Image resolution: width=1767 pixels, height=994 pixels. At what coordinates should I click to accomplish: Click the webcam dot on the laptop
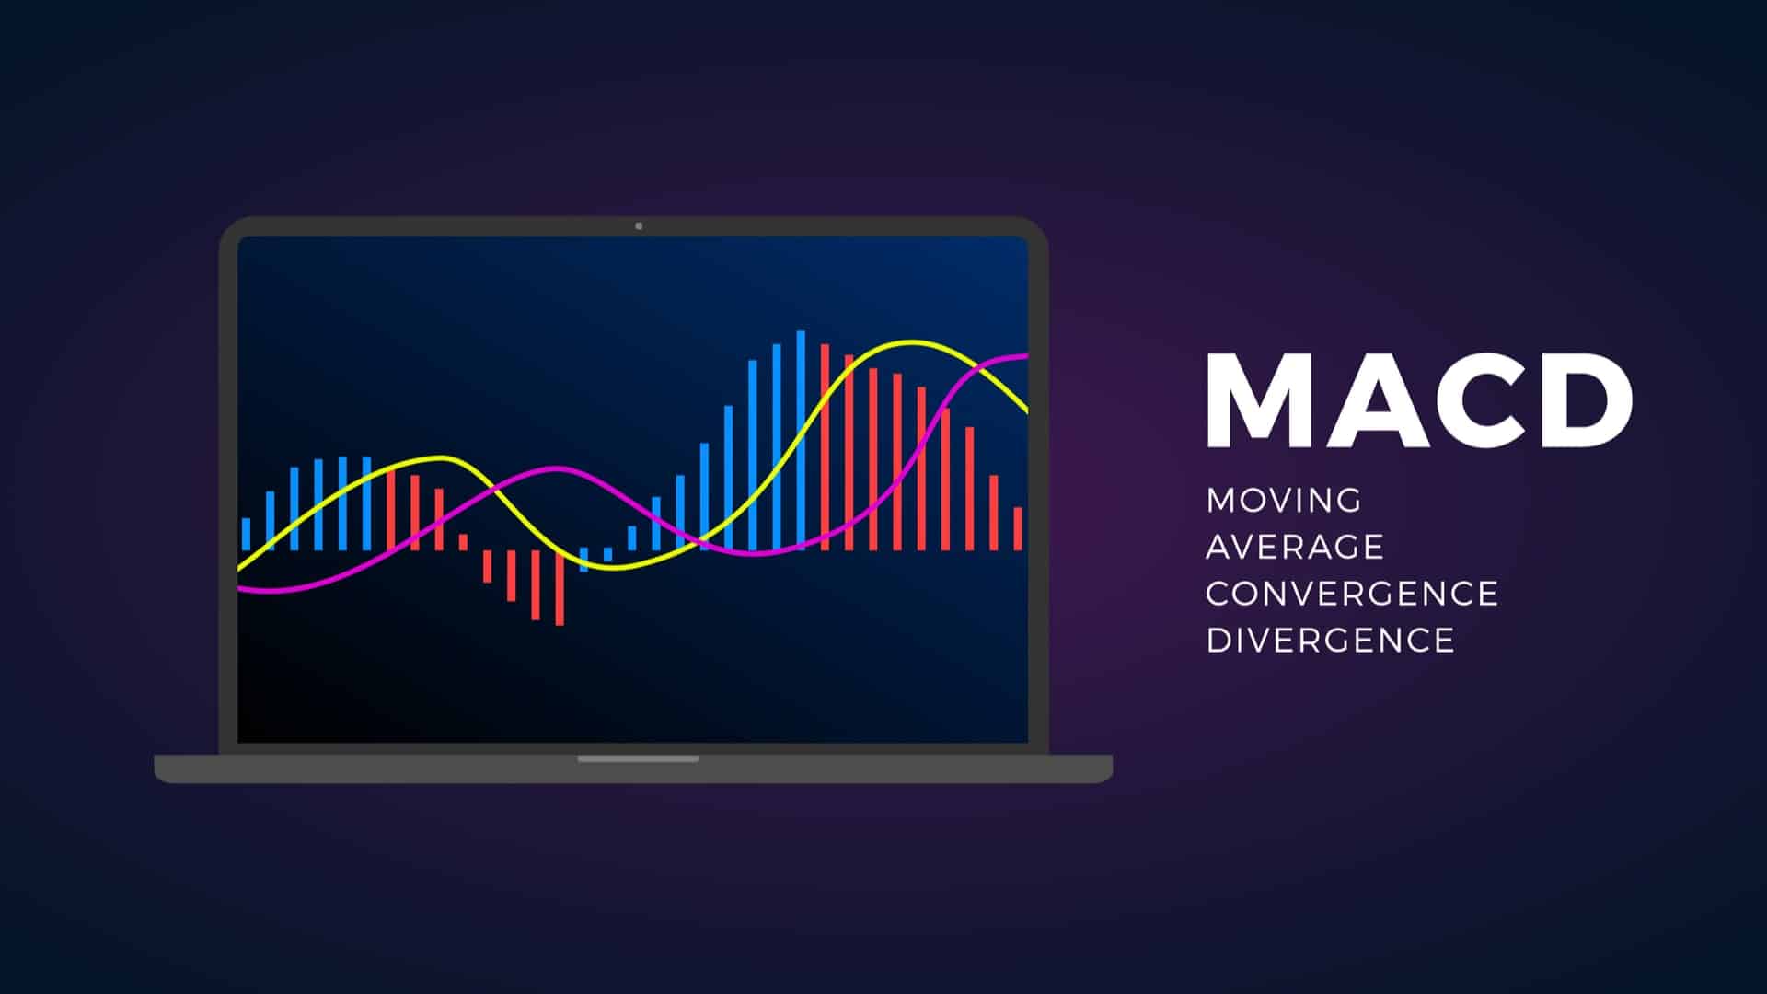(x=639, y=226)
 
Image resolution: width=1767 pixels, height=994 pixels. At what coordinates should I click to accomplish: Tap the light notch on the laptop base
(x=639, y=759)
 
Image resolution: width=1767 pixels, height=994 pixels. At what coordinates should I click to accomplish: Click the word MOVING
(x=1284, y=501)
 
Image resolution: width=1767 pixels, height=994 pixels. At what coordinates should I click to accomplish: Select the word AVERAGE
(x=1295, y=547)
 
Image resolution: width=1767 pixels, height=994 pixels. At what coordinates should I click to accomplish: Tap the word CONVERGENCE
(x=1352, y=594)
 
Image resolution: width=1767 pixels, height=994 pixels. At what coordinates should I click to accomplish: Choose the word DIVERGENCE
(x=1331, y=641)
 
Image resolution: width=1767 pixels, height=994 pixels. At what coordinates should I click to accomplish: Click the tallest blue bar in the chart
(x=801, y=440)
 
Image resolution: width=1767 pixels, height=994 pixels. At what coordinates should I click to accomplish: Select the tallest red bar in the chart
(x=825, y=446)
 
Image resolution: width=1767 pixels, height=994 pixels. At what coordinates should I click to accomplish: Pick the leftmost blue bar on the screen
(x=246, y=534)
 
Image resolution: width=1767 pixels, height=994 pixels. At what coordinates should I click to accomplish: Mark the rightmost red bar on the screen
(x=1018, y=528)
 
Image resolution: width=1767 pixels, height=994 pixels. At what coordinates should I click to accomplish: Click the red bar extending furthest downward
(x=560, y=588)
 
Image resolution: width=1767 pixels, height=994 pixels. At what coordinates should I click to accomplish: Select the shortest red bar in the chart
(x=463, y=542)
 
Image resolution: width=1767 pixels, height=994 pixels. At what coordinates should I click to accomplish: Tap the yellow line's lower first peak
(x=440, y=458)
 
